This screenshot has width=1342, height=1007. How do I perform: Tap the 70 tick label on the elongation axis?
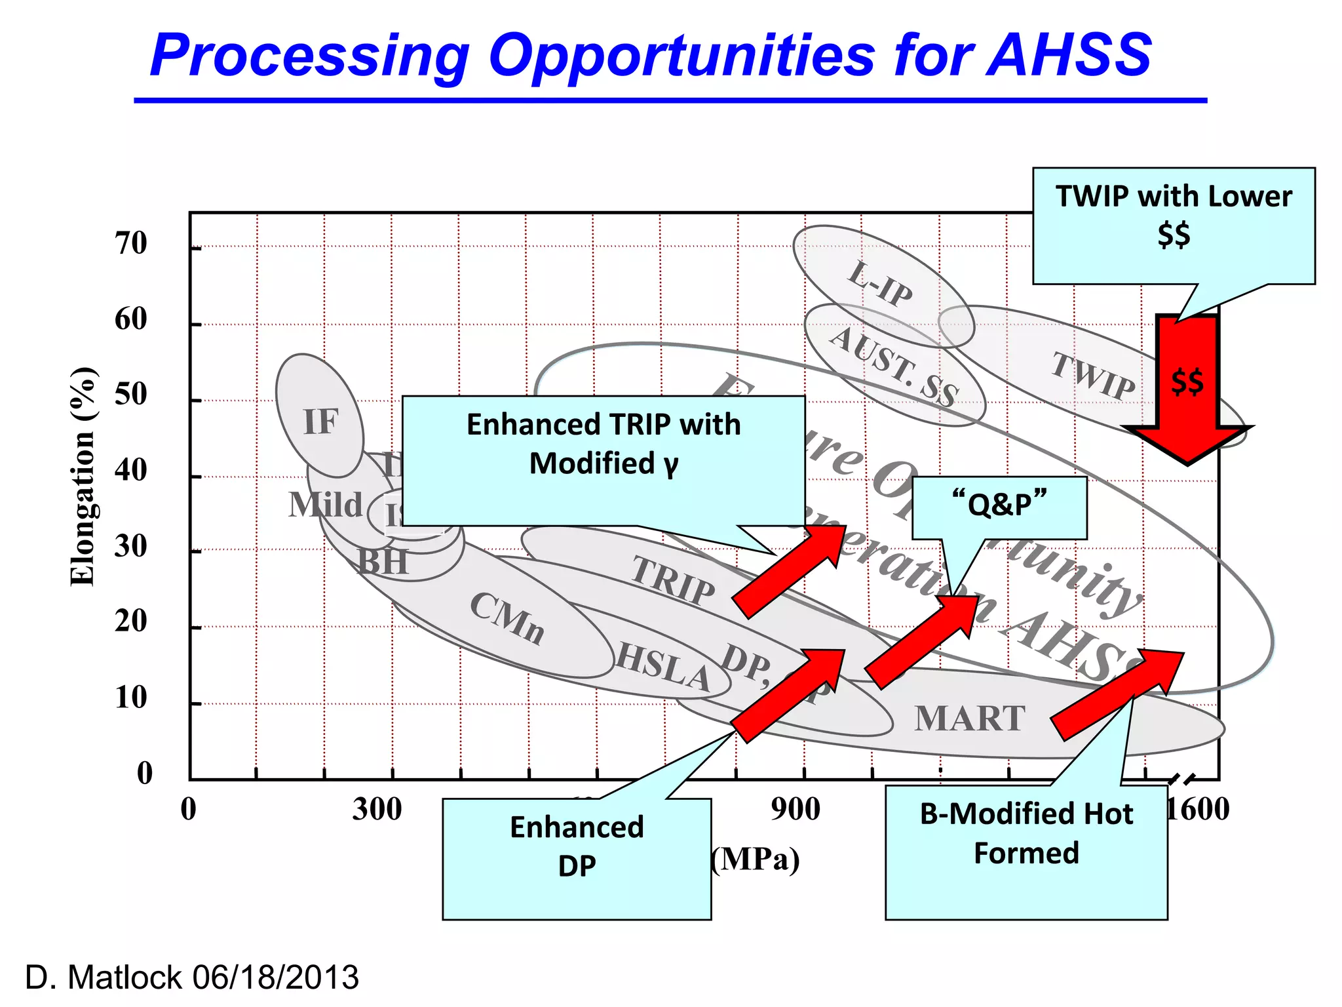pyautogui.click(x=130, y=243)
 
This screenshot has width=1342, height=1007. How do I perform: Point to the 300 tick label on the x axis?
pyautogui.click(x=377, y=809)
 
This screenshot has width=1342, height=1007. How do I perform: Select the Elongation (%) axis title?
pyautogui.click(x=83, y=477)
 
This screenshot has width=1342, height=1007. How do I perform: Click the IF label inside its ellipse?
pyautogui.click(x=320, y=422)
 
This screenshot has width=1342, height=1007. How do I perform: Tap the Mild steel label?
pyautogui.click(x=325, y=505)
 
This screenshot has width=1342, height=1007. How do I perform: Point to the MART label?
pyautogui.click(x=969, y=719)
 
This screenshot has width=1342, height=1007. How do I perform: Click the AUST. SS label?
pyautogui.click(x=894, y=368)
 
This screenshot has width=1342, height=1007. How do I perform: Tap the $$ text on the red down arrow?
pyautogui.click(x=1187, y=382)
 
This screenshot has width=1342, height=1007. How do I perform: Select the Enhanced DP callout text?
pyautogui.click(x=577, y=846)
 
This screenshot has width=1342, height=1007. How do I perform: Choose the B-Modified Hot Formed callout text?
pyautogui.click(x=1026, y=833)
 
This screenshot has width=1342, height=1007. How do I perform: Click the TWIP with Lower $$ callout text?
pyautogui.click(x=1174, y=215)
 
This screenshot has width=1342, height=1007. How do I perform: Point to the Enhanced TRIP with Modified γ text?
pyautogui.click(x=603, y=444)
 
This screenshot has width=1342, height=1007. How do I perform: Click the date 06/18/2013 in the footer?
pyautogui.click(x=275, y=977)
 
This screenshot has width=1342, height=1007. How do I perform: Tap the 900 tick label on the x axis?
pyautogui.click(x=795, y=809)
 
